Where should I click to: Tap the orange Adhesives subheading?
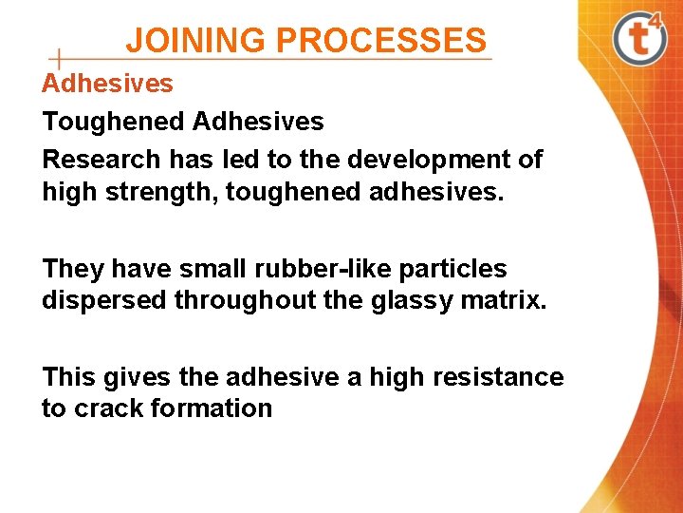pyautogui.click(x=107, y=84)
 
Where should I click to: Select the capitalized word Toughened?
pyautogui.click(x=113, y=122)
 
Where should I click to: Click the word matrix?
pyautogui.click(x=510, y=300)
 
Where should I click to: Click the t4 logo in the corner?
pyautogui.click(x=637, y=38)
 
